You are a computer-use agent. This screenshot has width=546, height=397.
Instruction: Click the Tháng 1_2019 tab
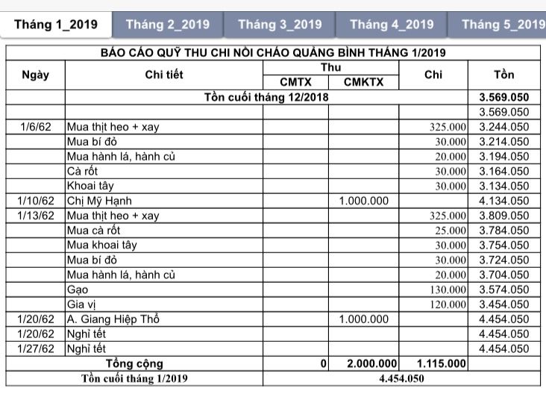pyautogui.click(x=56, y=24)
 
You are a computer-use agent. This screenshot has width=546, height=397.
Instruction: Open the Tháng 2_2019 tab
pyautogui.click(x=168, y=24)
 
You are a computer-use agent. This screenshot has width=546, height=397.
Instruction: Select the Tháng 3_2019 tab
pyautogui.click(x=280, y=24)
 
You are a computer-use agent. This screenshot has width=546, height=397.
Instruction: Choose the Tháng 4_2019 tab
pyautogui.click(x=392, y=24)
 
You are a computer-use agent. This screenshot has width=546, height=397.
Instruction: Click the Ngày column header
pyautogui.click(x=36, y=75)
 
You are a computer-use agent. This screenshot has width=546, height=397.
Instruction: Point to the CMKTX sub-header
pyautogui.click(x=364, y=83)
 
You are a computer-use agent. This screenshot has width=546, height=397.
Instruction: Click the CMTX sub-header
pyautogui.click(x=295, y=83)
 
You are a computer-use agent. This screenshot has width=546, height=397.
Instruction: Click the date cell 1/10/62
pyautogui.click(x=36, y=201)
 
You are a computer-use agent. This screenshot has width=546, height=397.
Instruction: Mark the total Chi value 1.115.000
pyautogui.click(x=442, y=363)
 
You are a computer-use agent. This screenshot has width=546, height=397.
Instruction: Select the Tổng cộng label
pyautogui.click(x=134, y=363)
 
